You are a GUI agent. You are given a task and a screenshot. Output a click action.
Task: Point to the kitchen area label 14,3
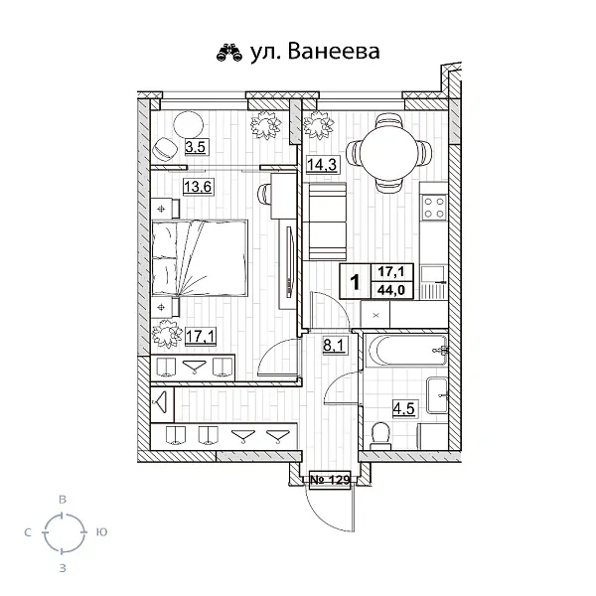(320, 167)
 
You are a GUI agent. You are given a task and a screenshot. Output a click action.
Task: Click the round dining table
(394, 154)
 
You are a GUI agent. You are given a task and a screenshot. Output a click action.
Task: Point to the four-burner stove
(434, 207)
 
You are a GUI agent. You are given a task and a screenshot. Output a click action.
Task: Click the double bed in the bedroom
(201, 257)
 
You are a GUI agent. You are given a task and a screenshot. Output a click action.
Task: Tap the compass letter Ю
(101, 533)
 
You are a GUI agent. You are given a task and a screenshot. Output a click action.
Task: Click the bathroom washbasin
(436, 396)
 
